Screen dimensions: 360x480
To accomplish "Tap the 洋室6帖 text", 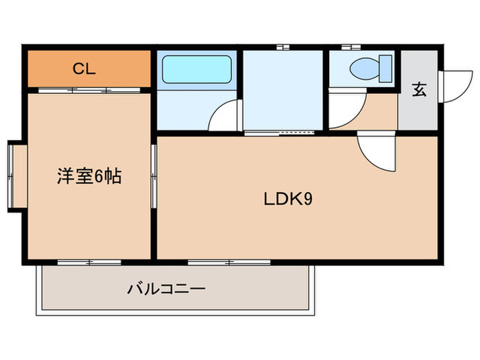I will [89, 177].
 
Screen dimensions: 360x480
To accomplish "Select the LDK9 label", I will [289, 199].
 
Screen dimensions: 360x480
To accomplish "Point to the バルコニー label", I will [166, 288].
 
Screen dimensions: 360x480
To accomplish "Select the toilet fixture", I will [370, 69].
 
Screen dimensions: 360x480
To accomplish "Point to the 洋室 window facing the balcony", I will [89, 262].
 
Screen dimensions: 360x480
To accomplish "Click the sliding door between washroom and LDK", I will [281, 132].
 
